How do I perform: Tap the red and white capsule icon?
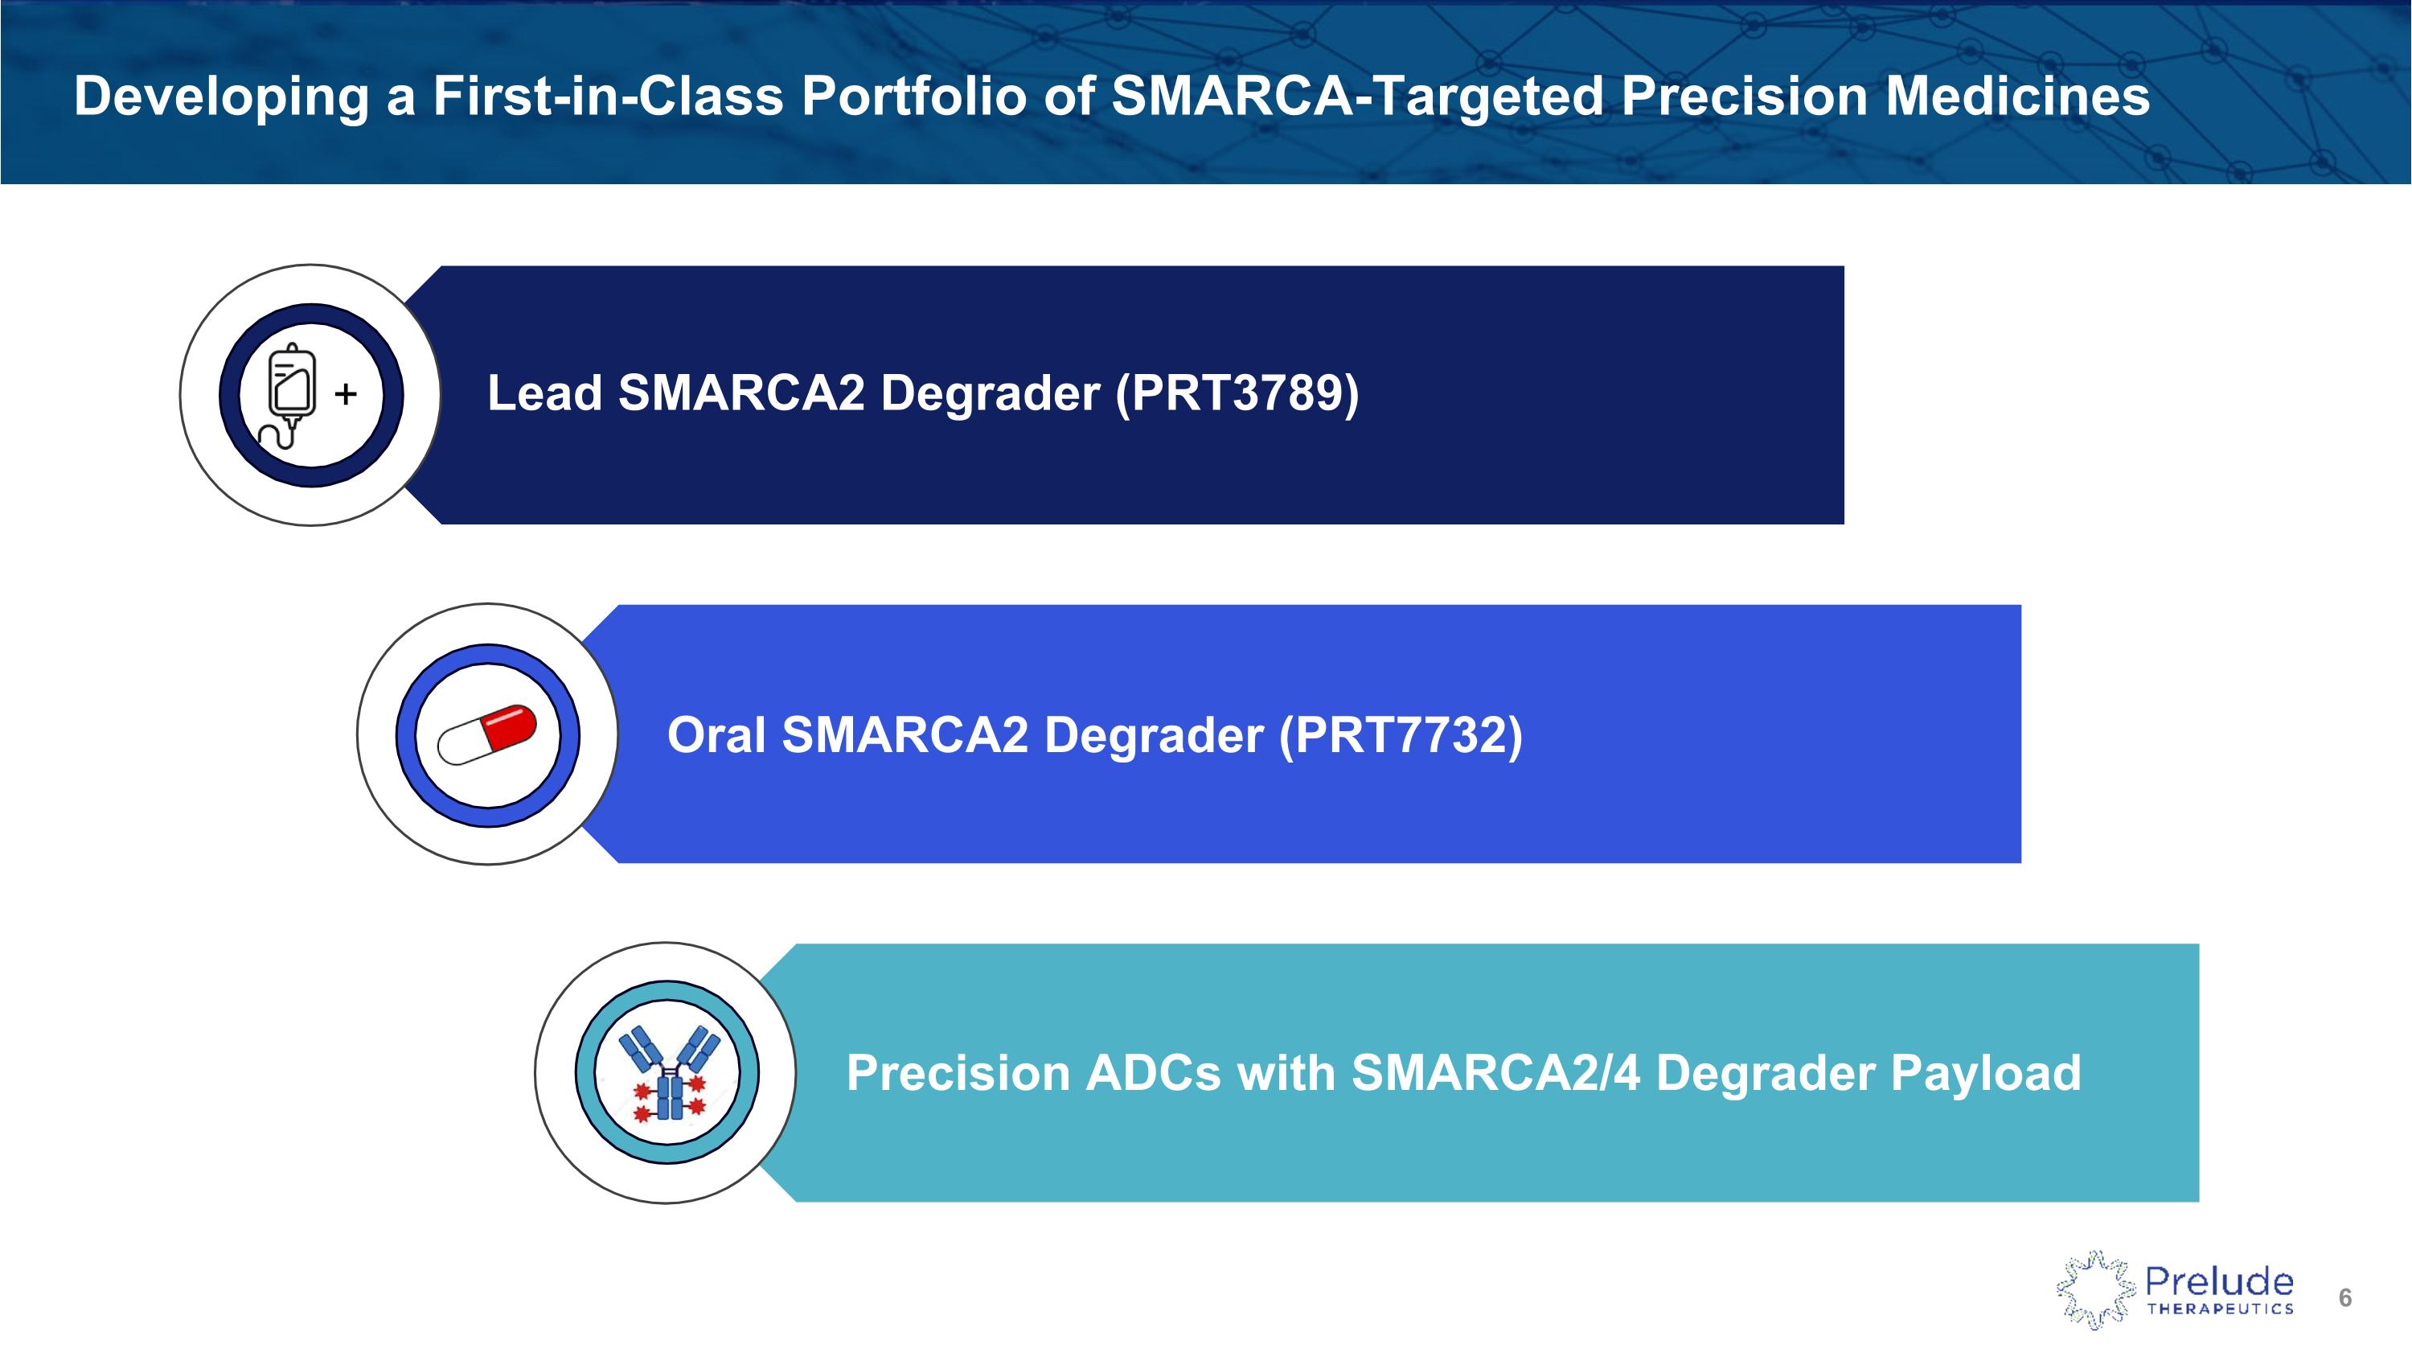pyautogui.click(x=488, y=735)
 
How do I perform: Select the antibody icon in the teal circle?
pyautogui.click(x=669, y=1072)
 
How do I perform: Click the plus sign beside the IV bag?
pyautogui.click(x=346, y=393)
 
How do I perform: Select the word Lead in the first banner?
pyautogui.click(x=544, y=393)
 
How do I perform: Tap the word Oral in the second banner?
pyautogui.click(x=716, y=734)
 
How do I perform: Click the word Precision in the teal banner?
pyautogui.click(x=958, y=1073)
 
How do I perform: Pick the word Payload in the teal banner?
pyautogui.click(x=1986, y=1074)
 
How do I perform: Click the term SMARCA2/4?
pyautogui.click(x=1496, y=1073)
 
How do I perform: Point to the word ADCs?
pyautogui.click(x=1153, y=1073)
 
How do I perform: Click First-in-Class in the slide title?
pyautogui.click(x=608, y=96)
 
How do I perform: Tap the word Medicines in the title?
pyautogui.click(x=2017, y=96)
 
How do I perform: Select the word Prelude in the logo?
pyautogui.click(x=2219, y=1281)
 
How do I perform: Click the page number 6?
pyautogui.click(x=2345, y=1298)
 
